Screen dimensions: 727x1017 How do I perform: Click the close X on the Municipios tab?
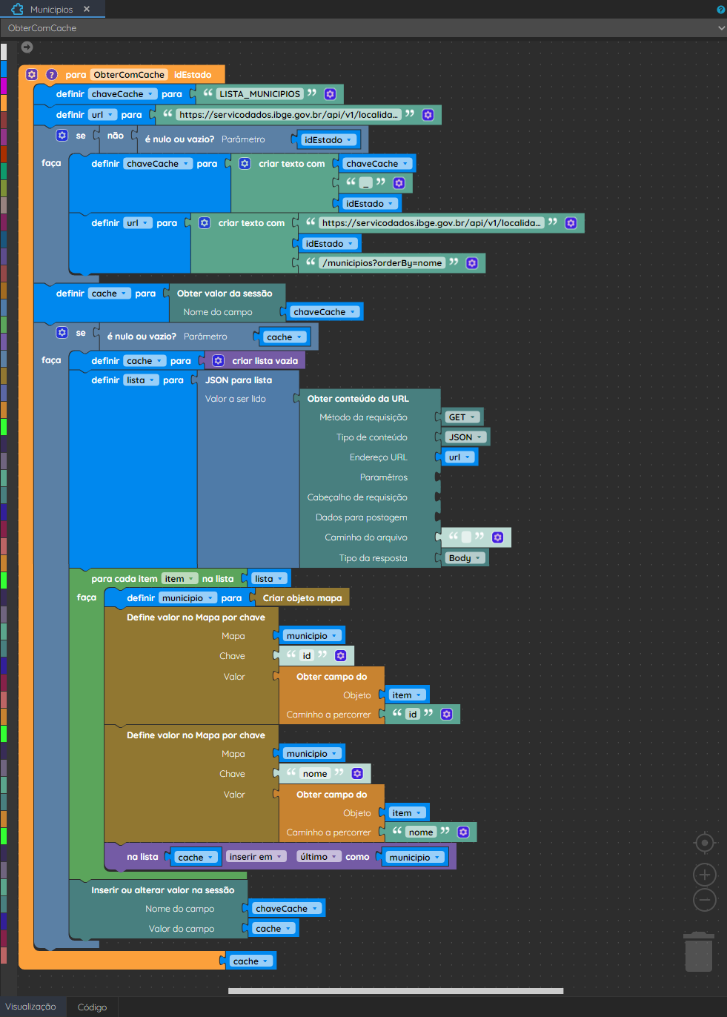[87, 9]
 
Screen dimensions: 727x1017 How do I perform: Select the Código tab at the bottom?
[92, 1007]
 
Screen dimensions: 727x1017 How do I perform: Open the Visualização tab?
[31, 1007]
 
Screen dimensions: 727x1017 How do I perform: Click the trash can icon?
[698, 951]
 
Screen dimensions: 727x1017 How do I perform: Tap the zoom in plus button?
[704, 875]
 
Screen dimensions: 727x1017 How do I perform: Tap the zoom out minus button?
[704, 900]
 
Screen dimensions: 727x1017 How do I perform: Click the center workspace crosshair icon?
[704, 843]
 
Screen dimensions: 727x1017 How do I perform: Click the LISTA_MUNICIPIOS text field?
[259, 94]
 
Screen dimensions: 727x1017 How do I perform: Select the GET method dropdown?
[462, 417]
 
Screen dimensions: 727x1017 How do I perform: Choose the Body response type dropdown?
[465, 558]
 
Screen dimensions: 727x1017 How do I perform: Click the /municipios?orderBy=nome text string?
[382, 263]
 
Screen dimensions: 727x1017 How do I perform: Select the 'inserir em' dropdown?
[256, 857]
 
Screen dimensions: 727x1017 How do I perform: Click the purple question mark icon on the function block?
[52, 74]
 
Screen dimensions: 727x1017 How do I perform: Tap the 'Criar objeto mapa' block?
[302, 598]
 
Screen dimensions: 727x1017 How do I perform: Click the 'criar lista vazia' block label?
[265, 361]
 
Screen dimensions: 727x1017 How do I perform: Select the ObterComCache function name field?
[129, 74]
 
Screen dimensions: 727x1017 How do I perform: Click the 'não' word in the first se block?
[116, 136]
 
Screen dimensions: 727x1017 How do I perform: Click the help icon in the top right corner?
[720, 9]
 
